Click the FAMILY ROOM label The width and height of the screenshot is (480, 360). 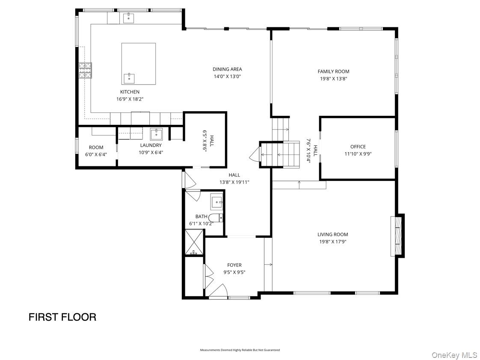point(333,71)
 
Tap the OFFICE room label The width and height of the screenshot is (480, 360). point(358,147)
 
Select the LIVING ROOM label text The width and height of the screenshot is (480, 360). point(332,234)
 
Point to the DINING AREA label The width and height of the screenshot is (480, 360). point(227,69)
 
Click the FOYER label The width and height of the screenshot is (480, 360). point(234,265)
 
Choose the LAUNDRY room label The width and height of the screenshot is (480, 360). point(151,145)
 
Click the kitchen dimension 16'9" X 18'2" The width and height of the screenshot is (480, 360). point(130,99)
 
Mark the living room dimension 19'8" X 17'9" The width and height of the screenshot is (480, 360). point(332,242)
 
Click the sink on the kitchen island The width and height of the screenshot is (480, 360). point(129,78)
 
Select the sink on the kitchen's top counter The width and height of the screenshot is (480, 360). point(128,18)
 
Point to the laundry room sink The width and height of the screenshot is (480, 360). point(156,134)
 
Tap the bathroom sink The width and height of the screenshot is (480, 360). point(216,201)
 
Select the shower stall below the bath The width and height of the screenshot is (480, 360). point(194,242)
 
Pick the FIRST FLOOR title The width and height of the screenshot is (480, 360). point(62,317)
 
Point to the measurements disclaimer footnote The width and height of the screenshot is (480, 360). point(240,350)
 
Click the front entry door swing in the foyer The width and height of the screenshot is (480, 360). point(219,291)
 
